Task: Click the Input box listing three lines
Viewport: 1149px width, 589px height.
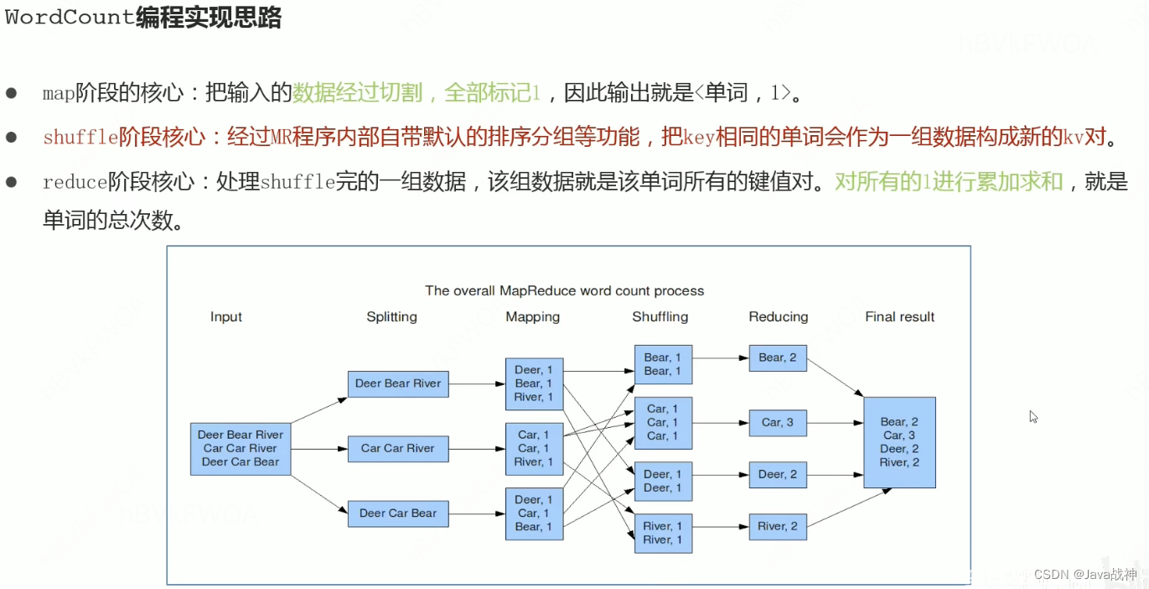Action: coord(241,449)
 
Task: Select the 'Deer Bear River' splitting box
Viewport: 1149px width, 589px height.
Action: coord(398,383)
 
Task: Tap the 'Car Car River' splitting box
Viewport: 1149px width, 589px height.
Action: coord(398,449)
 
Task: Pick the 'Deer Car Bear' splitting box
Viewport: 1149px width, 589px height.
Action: coord(398,513)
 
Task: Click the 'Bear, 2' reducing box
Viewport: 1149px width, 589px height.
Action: coord(778,358)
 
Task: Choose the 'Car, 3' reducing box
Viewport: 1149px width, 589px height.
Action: coord(778,423)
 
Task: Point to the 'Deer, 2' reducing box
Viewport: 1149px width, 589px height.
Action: coord(778,475)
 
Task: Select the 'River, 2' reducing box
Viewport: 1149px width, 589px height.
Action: coord(778,527)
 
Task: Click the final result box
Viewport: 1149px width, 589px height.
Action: coord(900,442)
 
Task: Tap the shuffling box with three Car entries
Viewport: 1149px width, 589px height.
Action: coord(663,423)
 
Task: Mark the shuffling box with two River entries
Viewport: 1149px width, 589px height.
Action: coord(663,533)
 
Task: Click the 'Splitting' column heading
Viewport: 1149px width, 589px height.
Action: coord(392,317)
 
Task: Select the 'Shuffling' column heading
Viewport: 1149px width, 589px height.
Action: coord(660,317)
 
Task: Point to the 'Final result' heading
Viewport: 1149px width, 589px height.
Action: coord(900,317)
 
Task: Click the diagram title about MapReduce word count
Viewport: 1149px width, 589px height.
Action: coord(564,290)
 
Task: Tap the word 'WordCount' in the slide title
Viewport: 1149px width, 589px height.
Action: coord(70,17)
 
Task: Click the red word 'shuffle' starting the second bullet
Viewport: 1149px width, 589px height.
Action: coord(80,137)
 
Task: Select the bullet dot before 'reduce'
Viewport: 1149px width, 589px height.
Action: coord(11,182)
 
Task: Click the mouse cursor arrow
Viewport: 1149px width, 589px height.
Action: coord(1033,416)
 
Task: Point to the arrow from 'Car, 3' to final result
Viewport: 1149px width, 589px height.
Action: coord(835,423)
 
